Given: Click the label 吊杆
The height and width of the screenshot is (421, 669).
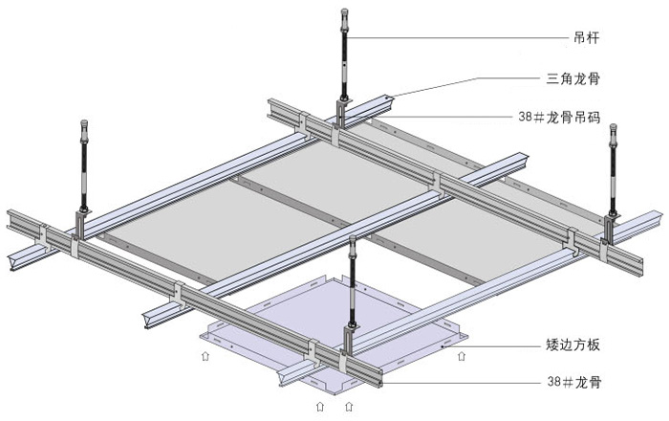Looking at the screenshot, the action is tap(587, 37).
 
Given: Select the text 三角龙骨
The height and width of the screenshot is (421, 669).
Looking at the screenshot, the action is tap(573, 78).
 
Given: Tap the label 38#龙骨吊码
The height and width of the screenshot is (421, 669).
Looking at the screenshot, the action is tap(559, 117).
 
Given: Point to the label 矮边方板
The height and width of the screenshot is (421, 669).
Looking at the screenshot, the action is tap(573, 344).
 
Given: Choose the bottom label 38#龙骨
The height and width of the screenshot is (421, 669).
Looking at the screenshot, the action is tap(573, 381).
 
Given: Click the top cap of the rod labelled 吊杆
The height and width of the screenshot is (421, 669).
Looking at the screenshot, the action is tap(344, 12).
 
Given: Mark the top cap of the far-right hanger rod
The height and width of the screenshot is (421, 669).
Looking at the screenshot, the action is tap(614, 128).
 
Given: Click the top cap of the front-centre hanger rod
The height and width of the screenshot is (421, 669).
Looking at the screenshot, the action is tap(352, 240).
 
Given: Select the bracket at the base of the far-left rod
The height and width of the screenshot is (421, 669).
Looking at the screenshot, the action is tap(82, 223).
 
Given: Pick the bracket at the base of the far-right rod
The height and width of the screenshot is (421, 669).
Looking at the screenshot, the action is tap(612, 229).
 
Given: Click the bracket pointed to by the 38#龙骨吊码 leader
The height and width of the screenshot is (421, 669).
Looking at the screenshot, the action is tap(342, 112).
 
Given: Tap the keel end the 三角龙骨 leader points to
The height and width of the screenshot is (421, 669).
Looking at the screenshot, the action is tap(387, 101).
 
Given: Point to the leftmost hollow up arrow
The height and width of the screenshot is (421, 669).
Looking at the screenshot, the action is tap(205, 355).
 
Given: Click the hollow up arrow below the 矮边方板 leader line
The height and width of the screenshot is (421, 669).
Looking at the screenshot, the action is tap(462, 355).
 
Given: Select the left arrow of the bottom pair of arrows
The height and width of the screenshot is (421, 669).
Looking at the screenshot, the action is tap(320, 406).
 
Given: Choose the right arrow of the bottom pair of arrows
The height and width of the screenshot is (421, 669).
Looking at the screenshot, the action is tap(349, 406).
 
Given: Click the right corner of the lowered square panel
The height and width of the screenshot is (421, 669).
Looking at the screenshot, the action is tap(467, 338).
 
